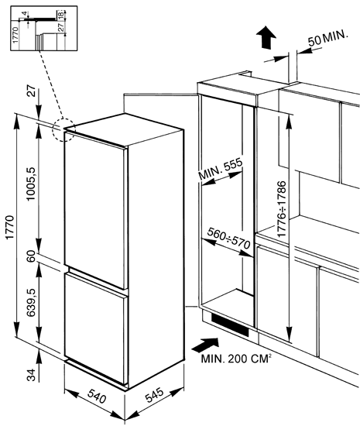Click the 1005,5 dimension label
32,184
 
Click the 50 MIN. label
327,38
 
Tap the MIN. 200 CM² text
236,359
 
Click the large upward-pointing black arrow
266,37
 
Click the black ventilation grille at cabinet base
230,325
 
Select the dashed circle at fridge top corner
63,129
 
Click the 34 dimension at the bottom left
32,375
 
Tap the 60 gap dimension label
32,256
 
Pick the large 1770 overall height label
9,227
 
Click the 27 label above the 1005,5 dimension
32,91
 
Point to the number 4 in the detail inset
25,13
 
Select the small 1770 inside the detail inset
15,35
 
